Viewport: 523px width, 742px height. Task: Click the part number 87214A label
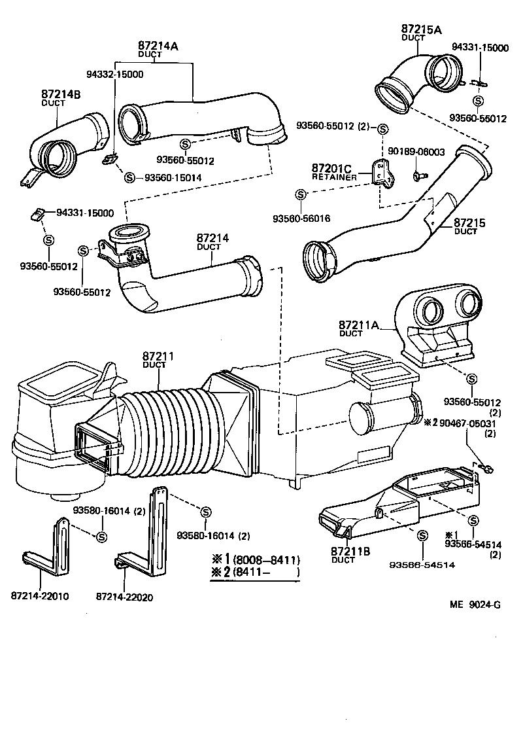158,46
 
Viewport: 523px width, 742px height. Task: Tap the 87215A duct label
421,29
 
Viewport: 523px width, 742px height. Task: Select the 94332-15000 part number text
115,74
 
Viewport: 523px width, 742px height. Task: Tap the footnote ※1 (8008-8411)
254,560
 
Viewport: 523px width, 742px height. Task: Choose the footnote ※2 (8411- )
254,573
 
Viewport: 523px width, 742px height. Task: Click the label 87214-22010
40,596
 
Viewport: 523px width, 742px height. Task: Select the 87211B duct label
351,552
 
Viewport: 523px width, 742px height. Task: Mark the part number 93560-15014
173,177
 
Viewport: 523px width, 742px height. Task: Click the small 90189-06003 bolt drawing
417,175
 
